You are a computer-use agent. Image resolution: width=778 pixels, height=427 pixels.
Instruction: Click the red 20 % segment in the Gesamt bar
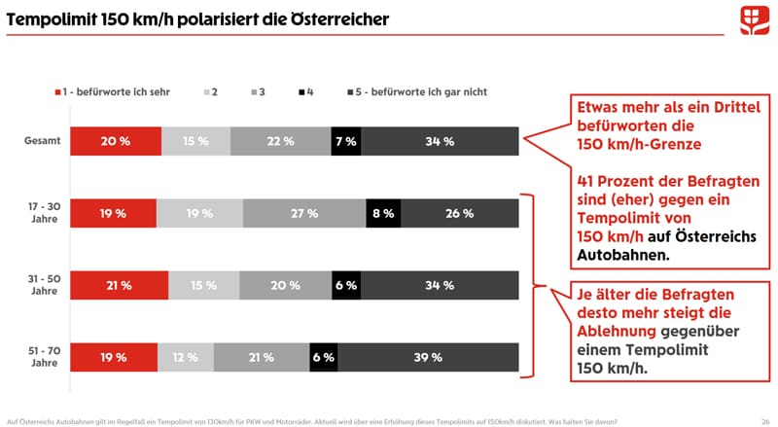(116, 141)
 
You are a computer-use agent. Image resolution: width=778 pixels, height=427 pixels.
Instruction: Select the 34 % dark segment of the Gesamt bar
(439, 141)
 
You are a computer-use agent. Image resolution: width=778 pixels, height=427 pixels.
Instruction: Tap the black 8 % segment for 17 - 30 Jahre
(383, 213)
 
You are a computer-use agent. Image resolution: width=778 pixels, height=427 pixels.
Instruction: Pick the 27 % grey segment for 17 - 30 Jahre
(304, 213)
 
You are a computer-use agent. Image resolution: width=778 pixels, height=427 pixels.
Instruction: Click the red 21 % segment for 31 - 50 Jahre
(120, 285)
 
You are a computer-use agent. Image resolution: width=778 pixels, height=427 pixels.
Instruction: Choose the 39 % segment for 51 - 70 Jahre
(428, 357)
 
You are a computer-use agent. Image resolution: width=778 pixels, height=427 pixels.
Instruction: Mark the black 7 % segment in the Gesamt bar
(344, 141)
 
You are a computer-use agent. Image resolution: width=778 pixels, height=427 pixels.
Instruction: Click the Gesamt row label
(43, 141)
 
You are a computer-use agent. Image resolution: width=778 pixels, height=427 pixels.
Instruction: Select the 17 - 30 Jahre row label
(43, 213)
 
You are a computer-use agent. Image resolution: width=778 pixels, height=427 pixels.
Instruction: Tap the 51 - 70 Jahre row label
(43, 357)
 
